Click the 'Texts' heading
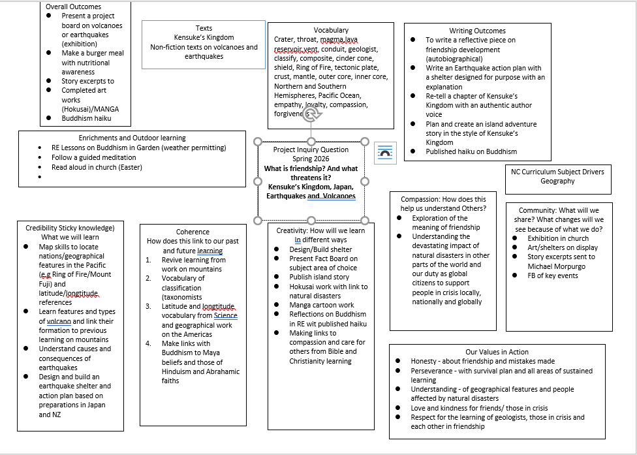click(x=204, y=28)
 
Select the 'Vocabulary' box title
click(x=331, y=30)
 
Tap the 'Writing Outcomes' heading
click(x=477, y=31)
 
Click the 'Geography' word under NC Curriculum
click(x=557, y=181)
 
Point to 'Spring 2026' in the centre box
click(x=311, y=159)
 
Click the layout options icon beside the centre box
click(x=385, y=153)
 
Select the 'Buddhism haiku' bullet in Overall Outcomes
click(x=86, y=118)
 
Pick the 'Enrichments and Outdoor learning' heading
click(x=132, y=138)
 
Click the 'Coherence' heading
click(x=193, y=232)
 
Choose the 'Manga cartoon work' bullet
click(x=322, y=305)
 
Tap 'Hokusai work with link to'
click(x=328, y=287)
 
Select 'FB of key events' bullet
click(x=553, y=275)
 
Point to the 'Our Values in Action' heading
click(x=497, y=352)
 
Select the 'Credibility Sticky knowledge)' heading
click(x=70, y=228)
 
